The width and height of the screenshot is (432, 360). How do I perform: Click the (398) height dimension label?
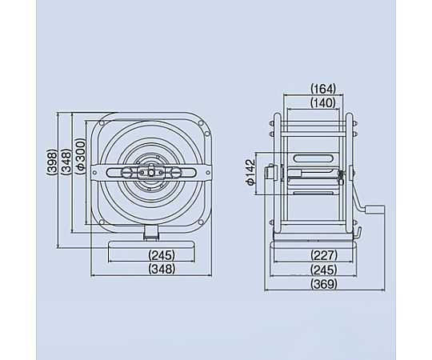click(x=51, y=162)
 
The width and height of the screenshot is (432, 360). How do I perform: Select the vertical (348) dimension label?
click(x=66, y=162)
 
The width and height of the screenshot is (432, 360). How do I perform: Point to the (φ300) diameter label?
click(x=81, y=156)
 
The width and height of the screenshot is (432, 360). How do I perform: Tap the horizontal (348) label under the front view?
click(x=162, y=269)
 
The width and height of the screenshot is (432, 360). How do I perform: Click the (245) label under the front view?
click(x=162, y=255)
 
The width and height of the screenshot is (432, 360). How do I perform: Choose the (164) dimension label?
click(x=323, y=89)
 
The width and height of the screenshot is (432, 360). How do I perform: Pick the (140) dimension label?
click(x=323, y=102)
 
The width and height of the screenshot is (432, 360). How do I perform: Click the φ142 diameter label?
click(x=250, y=173)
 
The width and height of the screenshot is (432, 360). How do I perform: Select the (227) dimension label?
click(x=324, y=255)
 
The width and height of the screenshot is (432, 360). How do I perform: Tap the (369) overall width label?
click(x=324, y=284)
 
